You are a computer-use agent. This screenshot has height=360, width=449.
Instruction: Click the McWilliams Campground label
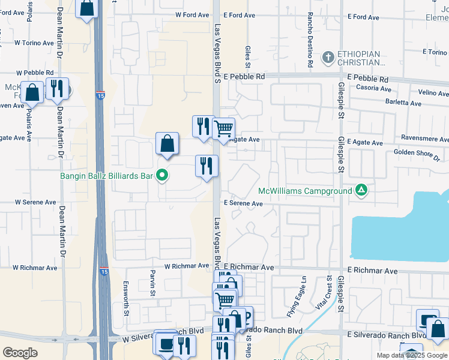[304, 191]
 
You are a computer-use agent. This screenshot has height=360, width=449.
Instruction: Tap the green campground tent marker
[361, 190]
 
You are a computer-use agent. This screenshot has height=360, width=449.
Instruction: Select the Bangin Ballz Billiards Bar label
[106, 176]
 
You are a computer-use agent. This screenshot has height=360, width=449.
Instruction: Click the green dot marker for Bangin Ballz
[161, 176]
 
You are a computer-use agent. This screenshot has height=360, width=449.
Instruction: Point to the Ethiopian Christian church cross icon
[328, 58]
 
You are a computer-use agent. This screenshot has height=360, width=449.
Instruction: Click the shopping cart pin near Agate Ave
[223, 128]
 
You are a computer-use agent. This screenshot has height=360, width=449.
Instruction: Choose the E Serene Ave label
[243, 203]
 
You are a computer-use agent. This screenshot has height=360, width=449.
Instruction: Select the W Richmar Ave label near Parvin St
[187, 265]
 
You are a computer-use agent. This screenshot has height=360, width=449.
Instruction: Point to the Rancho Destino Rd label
[310, 48]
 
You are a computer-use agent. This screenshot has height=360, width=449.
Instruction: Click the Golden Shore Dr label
[417, 153]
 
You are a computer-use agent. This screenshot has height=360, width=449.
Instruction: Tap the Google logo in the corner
[20, 352]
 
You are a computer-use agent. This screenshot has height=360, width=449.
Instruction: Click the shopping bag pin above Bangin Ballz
[167, 144]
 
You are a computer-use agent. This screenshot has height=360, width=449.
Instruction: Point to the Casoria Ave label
[374, 88]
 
